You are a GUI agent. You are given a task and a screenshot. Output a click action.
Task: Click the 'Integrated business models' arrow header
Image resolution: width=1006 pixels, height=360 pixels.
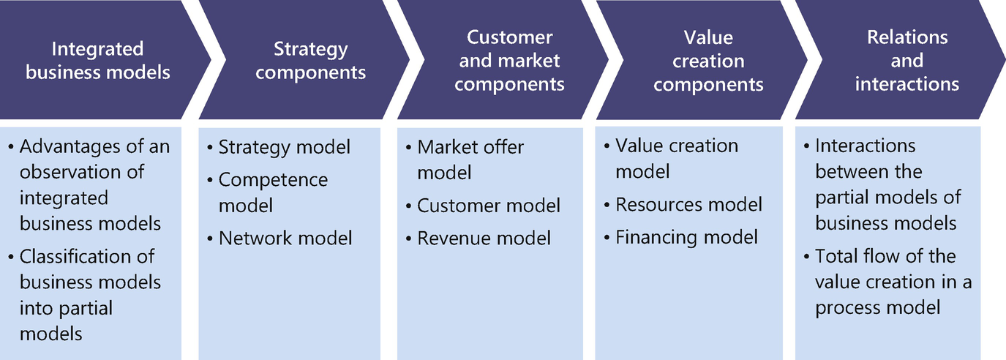98,61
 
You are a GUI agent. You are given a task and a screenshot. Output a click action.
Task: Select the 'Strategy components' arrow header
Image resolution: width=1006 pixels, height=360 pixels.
311,61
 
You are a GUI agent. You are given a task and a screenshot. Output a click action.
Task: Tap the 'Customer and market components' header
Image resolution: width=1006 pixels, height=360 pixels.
509,61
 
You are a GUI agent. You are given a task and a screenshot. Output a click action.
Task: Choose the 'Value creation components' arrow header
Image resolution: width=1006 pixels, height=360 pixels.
708,61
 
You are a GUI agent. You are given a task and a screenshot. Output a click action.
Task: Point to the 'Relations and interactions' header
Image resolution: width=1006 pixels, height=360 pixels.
906,61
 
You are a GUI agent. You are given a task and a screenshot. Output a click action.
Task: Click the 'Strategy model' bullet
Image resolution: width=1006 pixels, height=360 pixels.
284,147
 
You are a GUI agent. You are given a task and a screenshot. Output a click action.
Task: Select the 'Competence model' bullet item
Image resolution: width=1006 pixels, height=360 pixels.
273,192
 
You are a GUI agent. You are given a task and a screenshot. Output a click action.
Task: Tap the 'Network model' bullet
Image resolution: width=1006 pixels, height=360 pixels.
285,238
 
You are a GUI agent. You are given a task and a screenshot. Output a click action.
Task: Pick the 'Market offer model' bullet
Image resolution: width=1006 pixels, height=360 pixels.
470,160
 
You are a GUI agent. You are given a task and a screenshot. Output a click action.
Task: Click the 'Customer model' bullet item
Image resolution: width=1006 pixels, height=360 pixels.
489,206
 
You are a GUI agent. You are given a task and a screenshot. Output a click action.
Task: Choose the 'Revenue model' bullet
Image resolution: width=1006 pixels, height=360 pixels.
484,238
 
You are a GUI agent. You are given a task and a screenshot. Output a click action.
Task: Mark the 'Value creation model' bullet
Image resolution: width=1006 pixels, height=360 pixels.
676,158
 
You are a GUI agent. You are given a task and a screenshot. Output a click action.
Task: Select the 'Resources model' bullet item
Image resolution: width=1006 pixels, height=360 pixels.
688,204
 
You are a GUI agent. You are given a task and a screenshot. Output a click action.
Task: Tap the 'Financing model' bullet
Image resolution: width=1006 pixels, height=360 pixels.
686,237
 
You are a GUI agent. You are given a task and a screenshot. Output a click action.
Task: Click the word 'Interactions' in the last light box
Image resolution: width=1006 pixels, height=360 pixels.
866,146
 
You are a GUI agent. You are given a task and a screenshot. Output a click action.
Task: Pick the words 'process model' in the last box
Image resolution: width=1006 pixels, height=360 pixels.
878,307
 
